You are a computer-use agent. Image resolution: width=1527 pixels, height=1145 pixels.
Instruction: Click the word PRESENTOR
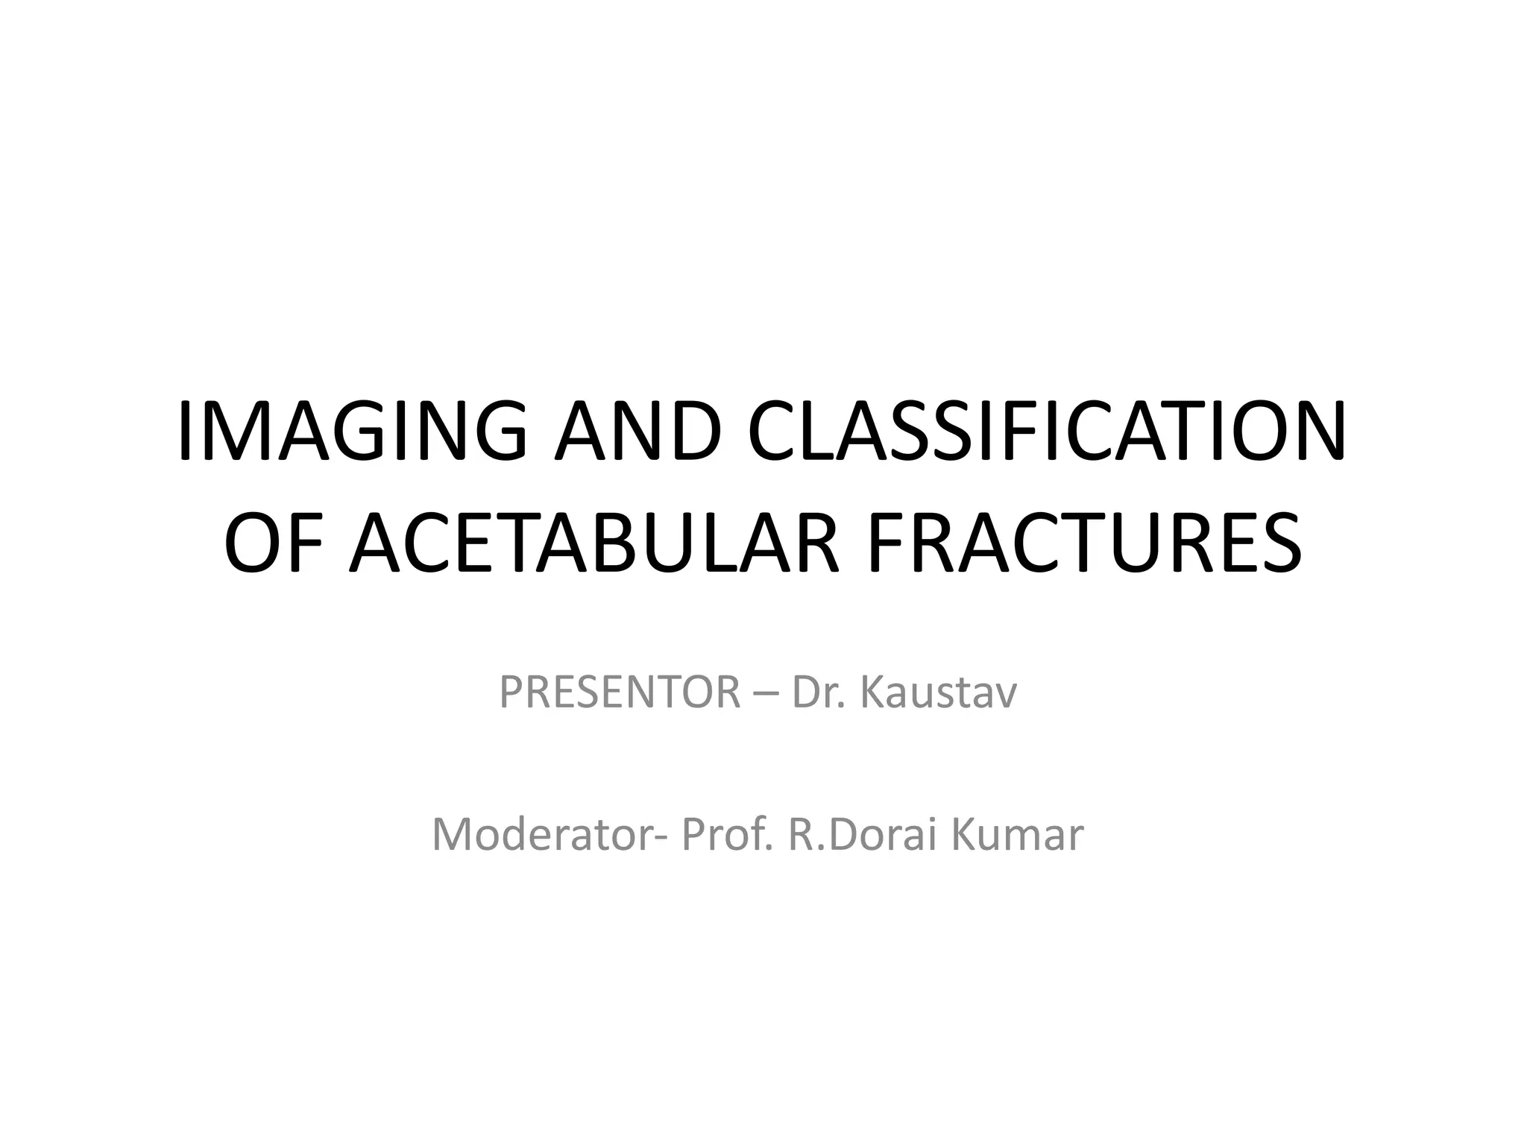pyautogui.click(x=620, y=693)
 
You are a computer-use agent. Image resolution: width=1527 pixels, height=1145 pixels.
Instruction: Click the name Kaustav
pyautogui.click(x=939, y=693)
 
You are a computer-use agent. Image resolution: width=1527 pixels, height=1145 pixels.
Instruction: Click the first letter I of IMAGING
pyautogui.click(x=186, y=433)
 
